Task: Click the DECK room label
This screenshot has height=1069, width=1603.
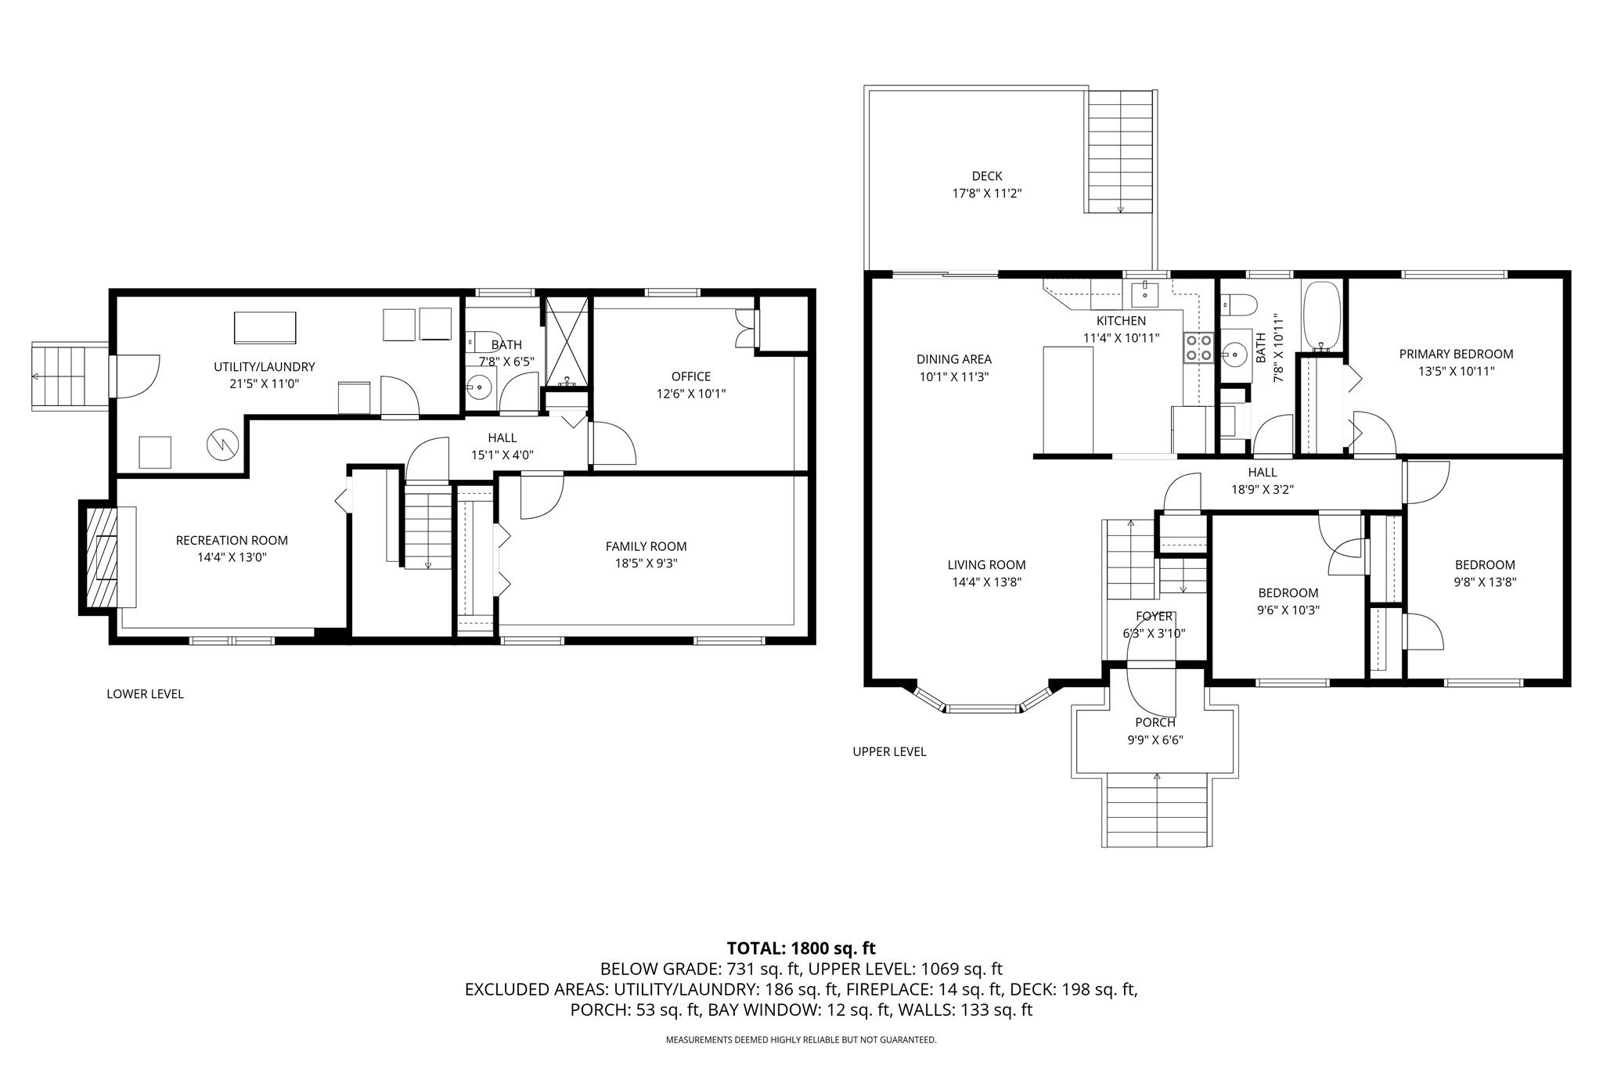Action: pos(987,177)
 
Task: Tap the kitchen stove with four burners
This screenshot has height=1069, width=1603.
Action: pos(1198,348)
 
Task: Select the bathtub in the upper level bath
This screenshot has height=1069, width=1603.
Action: pos(1322,316)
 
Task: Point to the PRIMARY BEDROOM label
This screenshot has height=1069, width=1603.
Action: pos(1456,355)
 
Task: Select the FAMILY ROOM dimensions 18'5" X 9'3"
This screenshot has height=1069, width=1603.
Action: pos(646,563)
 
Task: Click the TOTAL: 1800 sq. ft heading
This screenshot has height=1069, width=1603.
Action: pos(801,948)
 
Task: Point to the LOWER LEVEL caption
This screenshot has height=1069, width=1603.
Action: pos(145,694)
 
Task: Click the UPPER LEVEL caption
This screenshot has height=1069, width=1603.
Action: pos(889,752)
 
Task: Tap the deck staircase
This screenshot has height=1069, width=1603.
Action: pos(1120,151)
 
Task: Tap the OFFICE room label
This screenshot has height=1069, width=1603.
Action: pos(690,377)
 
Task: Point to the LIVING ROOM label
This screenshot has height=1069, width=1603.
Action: pos(986,565)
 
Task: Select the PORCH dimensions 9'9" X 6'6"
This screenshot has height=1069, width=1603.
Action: pos(1155,739)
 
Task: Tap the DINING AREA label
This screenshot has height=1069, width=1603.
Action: pos(953,360)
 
